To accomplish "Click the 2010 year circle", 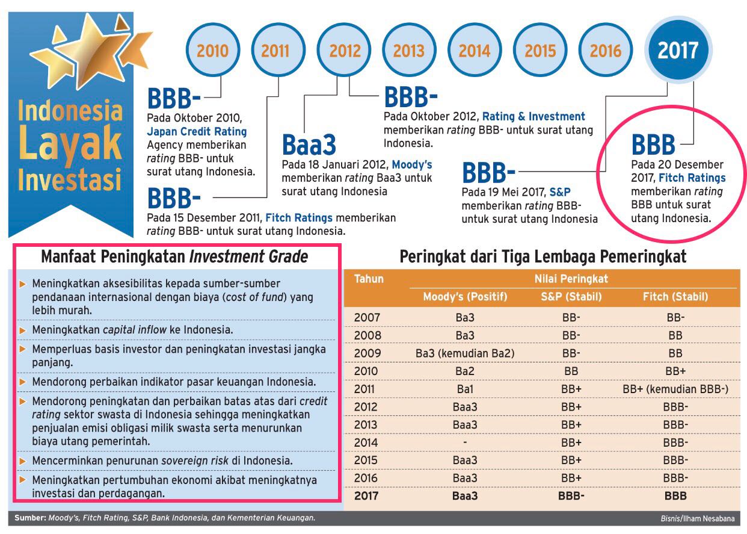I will click(212, 50).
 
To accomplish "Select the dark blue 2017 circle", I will click(678, 50).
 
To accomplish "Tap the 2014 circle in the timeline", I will click(475, 50).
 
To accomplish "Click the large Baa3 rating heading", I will click(309, 146).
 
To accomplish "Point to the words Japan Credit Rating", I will click(197, 131).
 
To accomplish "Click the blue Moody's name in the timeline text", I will click(412, 164).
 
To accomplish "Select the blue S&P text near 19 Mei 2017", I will click(559, 193).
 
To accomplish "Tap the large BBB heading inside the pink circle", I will click(653, 145).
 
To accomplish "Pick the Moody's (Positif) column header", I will click(465, 296).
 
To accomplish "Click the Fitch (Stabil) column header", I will click(676, 296).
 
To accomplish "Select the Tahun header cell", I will click(368, 279).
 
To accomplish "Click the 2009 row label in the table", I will click(367, 353).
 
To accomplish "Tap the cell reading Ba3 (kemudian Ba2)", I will click(465, 353).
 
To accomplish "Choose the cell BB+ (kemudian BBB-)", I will click(676, 389).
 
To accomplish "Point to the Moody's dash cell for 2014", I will click(465, 442).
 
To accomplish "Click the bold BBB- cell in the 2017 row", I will click(571, 496).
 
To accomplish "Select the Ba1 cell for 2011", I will click(465, 389).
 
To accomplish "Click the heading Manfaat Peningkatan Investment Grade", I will click(174, 257).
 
